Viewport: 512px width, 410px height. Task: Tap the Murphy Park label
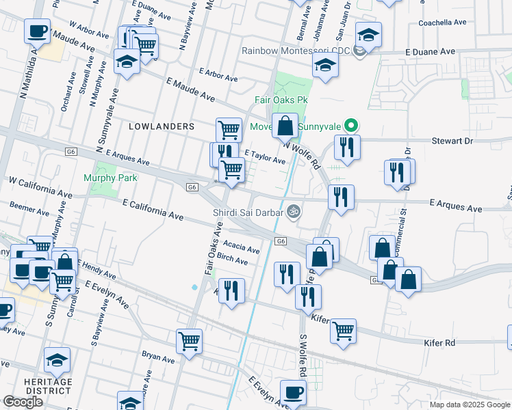110,178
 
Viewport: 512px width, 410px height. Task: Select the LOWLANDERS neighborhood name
162,126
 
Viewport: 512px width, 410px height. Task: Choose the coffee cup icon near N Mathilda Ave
37,31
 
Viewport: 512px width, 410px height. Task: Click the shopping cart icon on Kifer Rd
343,331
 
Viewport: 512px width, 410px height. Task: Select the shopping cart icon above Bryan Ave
189,341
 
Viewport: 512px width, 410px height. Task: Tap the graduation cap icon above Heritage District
57,359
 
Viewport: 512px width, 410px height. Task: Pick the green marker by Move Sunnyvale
351,126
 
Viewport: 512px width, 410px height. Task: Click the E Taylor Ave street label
265,158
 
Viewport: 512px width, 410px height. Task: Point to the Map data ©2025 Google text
469,405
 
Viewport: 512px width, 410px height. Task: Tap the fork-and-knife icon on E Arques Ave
341,197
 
